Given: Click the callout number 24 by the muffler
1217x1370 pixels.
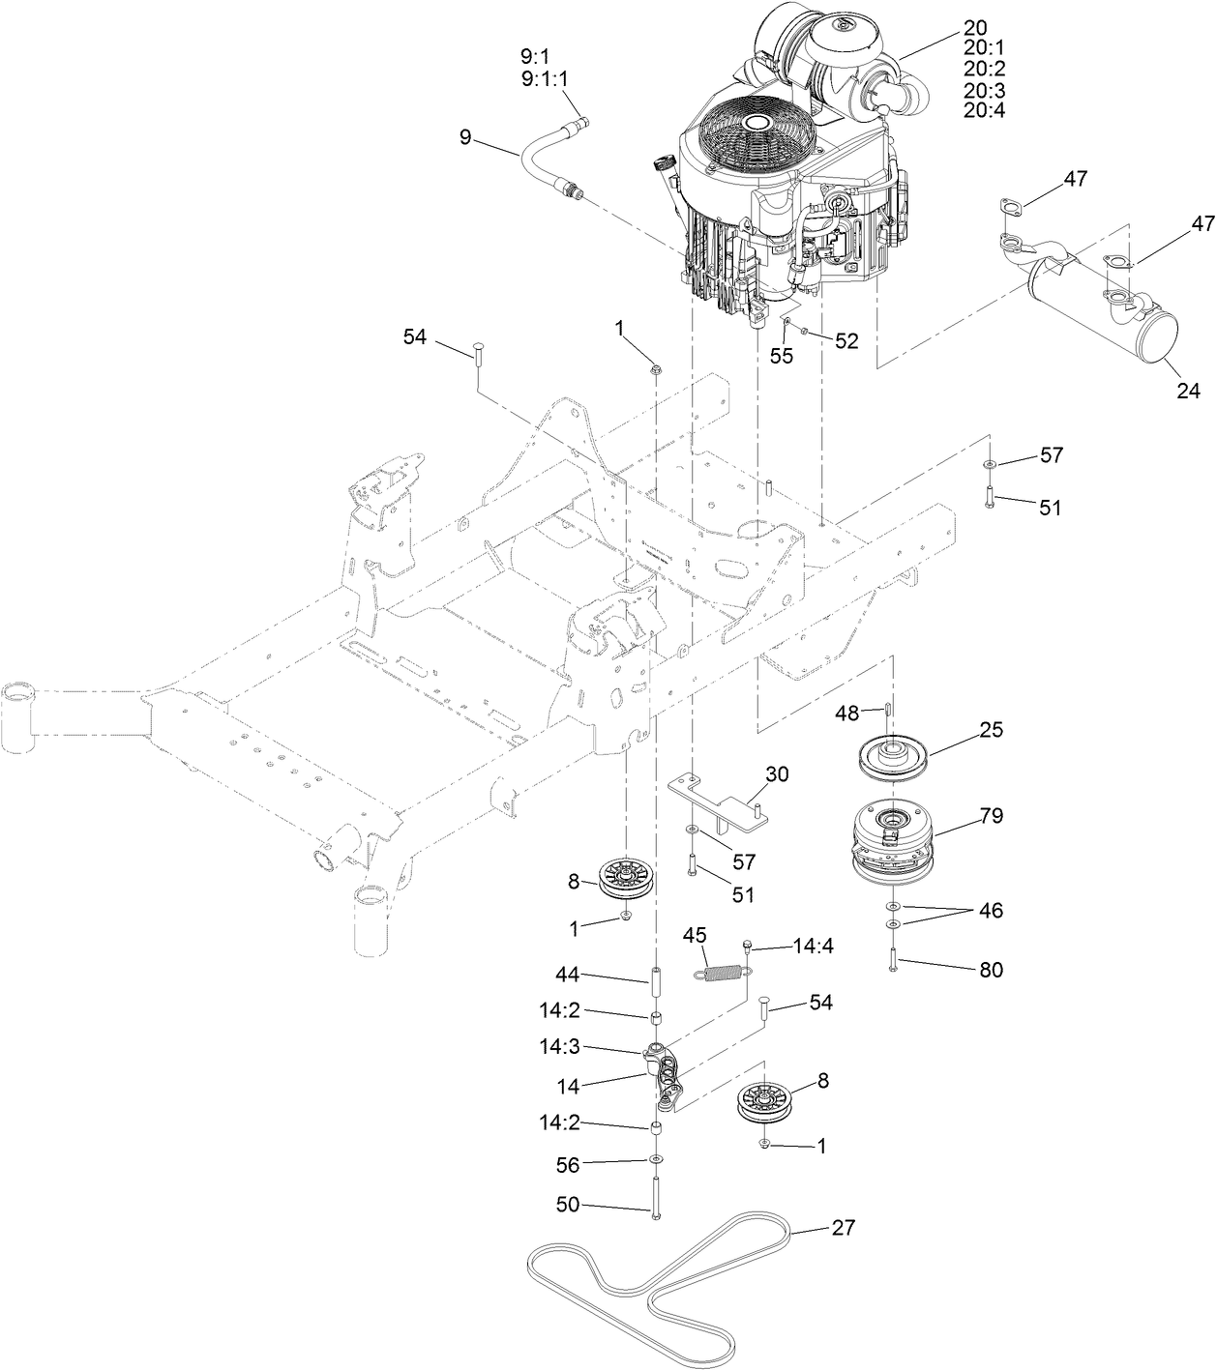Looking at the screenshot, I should pyautogui.click(x=1188, y=391).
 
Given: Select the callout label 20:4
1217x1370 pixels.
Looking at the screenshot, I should pyautogui.click(x=984, y=110).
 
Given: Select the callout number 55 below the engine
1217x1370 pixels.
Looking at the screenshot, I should pyautogui.click(x=781, y=355).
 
